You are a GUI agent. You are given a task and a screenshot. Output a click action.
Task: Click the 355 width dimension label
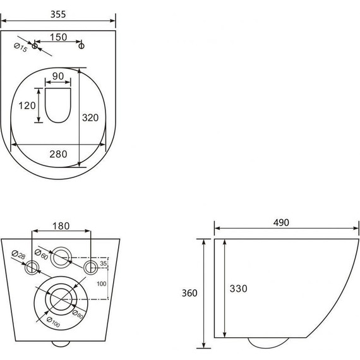[58, 15]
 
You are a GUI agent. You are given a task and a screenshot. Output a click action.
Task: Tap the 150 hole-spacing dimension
[58, 37]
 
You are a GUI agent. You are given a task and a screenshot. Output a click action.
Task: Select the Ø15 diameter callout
[21, 47]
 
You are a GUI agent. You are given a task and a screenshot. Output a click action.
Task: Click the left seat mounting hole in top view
[35, 46]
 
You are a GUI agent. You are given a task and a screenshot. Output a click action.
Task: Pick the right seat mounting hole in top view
[81, 46]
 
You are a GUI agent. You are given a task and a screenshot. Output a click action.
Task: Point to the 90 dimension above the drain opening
[58, 76]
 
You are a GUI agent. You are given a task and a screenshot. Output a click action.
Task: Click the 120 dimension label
[27, 105]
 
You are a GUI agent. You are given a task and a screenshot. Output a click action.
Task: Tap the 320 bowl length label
[90, 117]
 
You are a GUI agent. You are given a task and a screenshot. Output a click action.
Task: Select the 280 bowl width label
[58, 154]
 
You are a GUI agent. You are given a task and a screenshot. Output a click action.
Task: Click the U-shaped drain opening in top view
[58, 122]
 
